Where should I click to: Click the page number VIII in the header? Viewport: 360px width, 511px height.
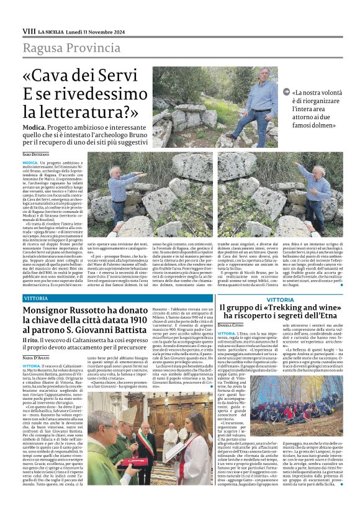29,30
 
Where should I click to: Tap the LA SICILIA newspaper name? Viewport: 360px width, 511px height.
53,31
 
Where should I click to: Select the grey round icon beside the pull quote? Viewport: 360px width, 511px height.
286,93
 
